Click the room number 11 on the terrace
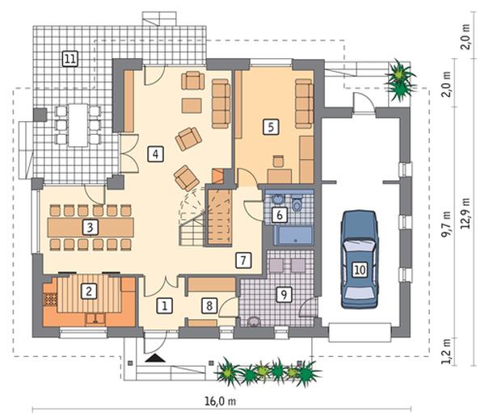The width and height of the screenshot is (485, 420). pos(70,58)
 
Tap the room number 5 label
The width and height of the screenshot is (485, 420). pos(271,127)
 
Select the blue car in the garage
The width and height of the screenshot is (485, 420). pos(360,259)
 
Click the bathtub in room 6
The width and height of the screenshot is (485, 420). pos(293,236)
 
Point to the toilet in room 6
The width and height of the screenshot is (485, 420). pos(297,203)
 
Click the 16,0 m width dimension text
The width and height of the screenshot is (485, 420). pos(220,401)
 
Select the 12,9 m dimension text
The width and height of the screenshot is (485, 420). pos(466,213)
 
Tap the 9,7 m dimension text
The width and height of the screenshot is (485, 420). pos(446,225)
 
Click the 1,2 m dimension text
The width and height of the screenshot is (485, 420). pos(446,351)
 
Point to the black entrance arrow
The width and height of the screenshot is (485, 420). pos(155,358)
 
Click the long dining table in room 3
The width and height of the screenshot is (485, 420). pos(91,227)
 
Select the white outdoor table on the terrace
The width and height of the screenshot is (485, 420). pos(78,125)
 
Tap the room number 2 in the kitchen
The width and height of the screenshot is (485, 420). pos(89,291)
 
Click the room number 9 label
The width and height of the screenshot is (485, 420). pos(284,294)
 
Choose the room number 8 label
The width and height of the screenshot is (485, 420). pos(209,305)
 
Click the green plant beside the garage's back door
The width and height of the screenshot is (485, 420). pos(400,80)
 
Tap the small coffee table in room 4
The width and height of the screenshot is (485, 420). pos(192,106)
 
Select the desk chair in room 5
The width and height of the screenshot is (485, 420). pos(278,161)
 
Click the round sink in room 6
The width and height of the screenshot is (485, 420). pos(277,199)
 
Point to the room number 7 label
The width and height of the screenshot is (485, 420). pos(243,260)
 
